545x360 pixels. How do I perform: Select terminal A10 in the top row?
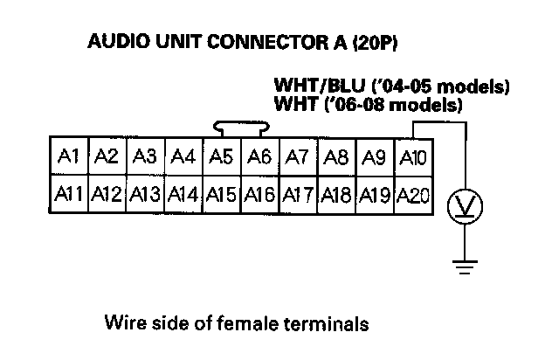click(411, 157)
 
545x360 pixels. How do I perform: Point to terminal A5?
click(221, 157)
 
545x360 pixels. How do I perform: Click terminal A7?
click(297, 157)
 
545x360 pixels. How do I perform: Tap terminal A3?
click(145, 157)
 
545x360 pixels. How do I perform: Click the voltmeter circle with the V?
click(464, 206)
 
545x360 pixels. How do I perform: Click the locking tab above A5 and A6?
click(240, 128)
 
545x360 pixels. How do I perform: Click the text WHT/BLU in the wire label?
click(308, 87)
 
